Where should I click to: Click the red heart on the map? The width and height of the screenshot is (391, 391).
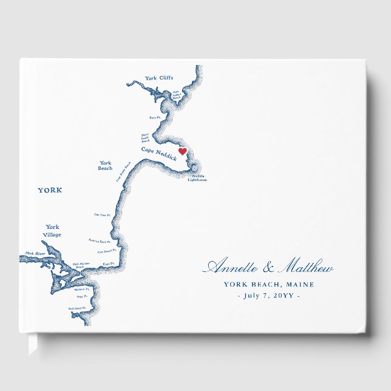pos(182,152)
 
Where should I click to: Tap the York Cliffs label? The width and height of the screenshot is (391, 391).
pos(159,78)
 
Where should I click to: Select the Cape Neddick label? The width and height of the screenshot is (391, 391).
pos(159,152)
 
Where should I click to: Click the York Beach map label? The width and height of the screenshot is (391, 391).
pos(105,165)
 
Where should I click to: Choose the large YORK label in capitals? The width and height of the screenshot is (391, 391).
pos(50,190)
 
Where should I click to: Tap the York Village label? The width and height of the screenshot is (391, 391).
pos(53,231)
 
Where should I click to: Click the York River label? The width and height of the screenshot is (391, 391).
pos(35,253)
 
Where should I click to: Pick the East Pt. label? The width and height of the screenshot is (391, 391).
pos(109,263)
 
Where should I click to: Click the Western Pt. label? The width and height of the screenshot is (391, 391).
pos(82,289)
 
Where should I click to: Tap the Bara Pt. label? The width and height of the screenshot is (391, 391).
pos(155,117)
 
